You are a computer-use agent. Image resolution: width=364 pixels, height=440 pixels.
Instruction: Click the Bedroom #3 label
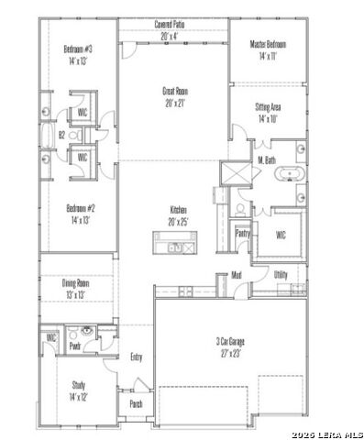[78, 55]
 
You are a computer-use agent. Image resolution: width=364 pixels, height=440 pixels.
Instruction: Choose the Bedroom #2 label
[78, 214]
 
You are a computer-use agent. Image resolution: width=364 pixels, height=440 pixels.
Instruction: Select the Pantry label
[242, 233]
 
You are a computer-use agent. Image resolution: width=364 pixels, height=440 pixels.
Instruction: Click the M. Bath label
[267, 159]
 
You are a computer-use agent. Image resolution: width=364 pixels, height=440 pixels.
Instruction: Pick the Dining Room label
[75, 289]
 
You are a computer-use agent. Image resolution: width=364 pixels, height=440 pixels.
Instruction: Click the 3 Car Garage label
[229, 346]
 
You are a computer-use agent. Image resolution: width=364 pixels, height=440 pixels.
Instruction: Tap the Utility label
[281, 274]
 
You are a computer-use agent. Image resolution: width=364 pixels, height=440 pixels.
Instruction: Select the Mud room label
[236, 274]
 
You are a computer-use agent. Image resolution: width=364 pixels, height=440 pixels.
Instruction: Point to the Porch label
[136, 403]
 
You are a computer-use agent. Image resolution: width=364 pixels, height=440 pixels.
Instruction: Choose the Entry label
[137, 357]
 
